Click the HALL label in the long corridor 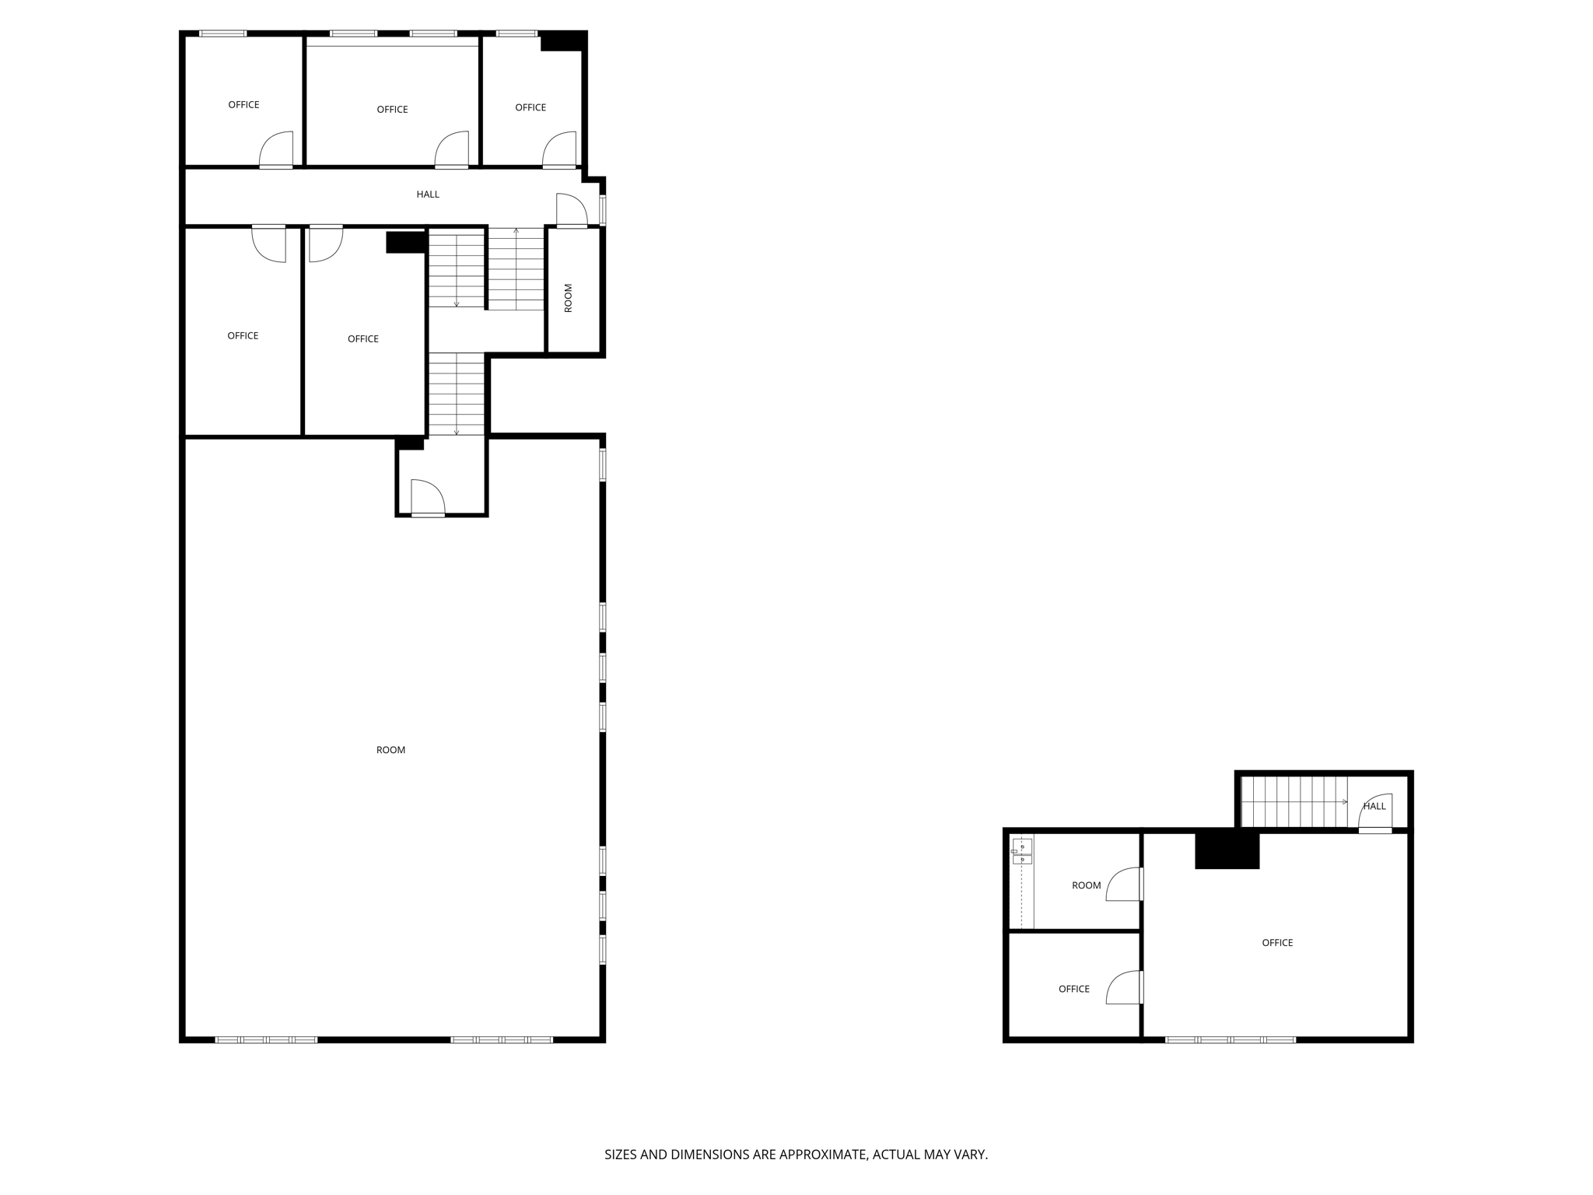(x=428, y=194)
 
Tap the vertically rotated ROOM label (x=568, y=298)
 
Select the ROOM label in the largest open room (x=390, y=750)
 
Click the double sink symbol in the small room (x=1021, y=851)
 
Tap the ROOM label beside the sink (x=1086, y=885)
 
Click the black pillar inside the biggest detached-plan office (x=1227, y=850)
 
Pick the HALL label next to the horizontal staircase (x=1374, y=806)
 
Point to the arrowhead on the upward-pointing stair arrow (x=516, y=230)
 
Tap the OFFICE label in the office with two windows (x=392, y=110)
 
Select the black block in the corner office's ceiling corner (x=562, y=41)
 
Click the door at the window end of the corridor (x=572, y=211)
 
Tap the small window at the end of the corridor (x=602, y=210)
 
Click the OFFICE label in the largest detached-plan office (x=1277, y=943)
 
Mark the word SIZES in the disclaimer (x=621, y=1155)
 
